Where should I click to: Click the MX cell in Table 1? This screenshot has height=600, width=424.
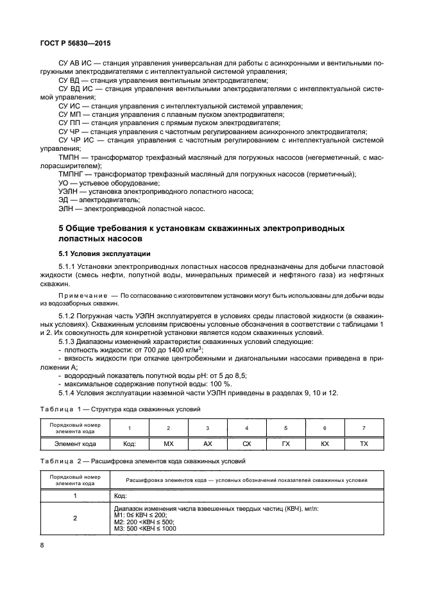[x=168, y=443]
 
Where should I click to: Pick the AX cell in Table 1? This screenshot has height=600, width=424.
[x=207, y=443]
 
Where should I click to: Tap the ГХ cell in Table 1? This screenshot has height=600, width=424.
[x=285, y=443]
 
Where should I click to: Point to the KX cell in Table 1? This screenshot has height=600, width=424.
[x=325, y=443]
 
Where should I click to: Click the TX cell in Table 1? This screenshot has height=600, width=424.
[x=364, y=443]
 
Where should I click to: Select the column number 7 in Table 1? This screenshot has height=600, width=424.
[x=364, y=427]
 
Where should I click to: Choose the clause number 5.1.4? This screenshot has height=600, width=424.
[x=69, y=393]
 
